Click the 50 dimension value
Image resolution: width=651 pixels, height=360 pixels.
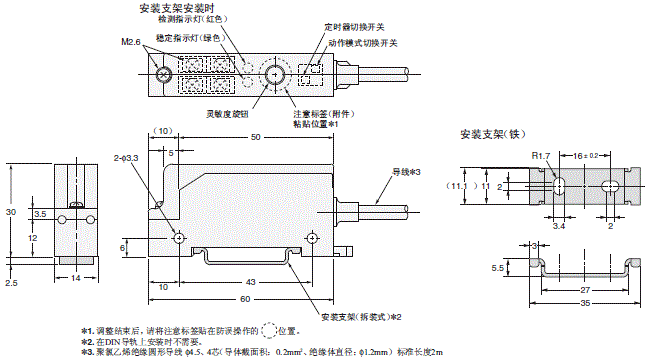tap(256, 136)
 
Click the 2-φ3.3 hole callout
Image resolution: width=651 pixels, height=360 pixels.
tap(125, 158)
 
